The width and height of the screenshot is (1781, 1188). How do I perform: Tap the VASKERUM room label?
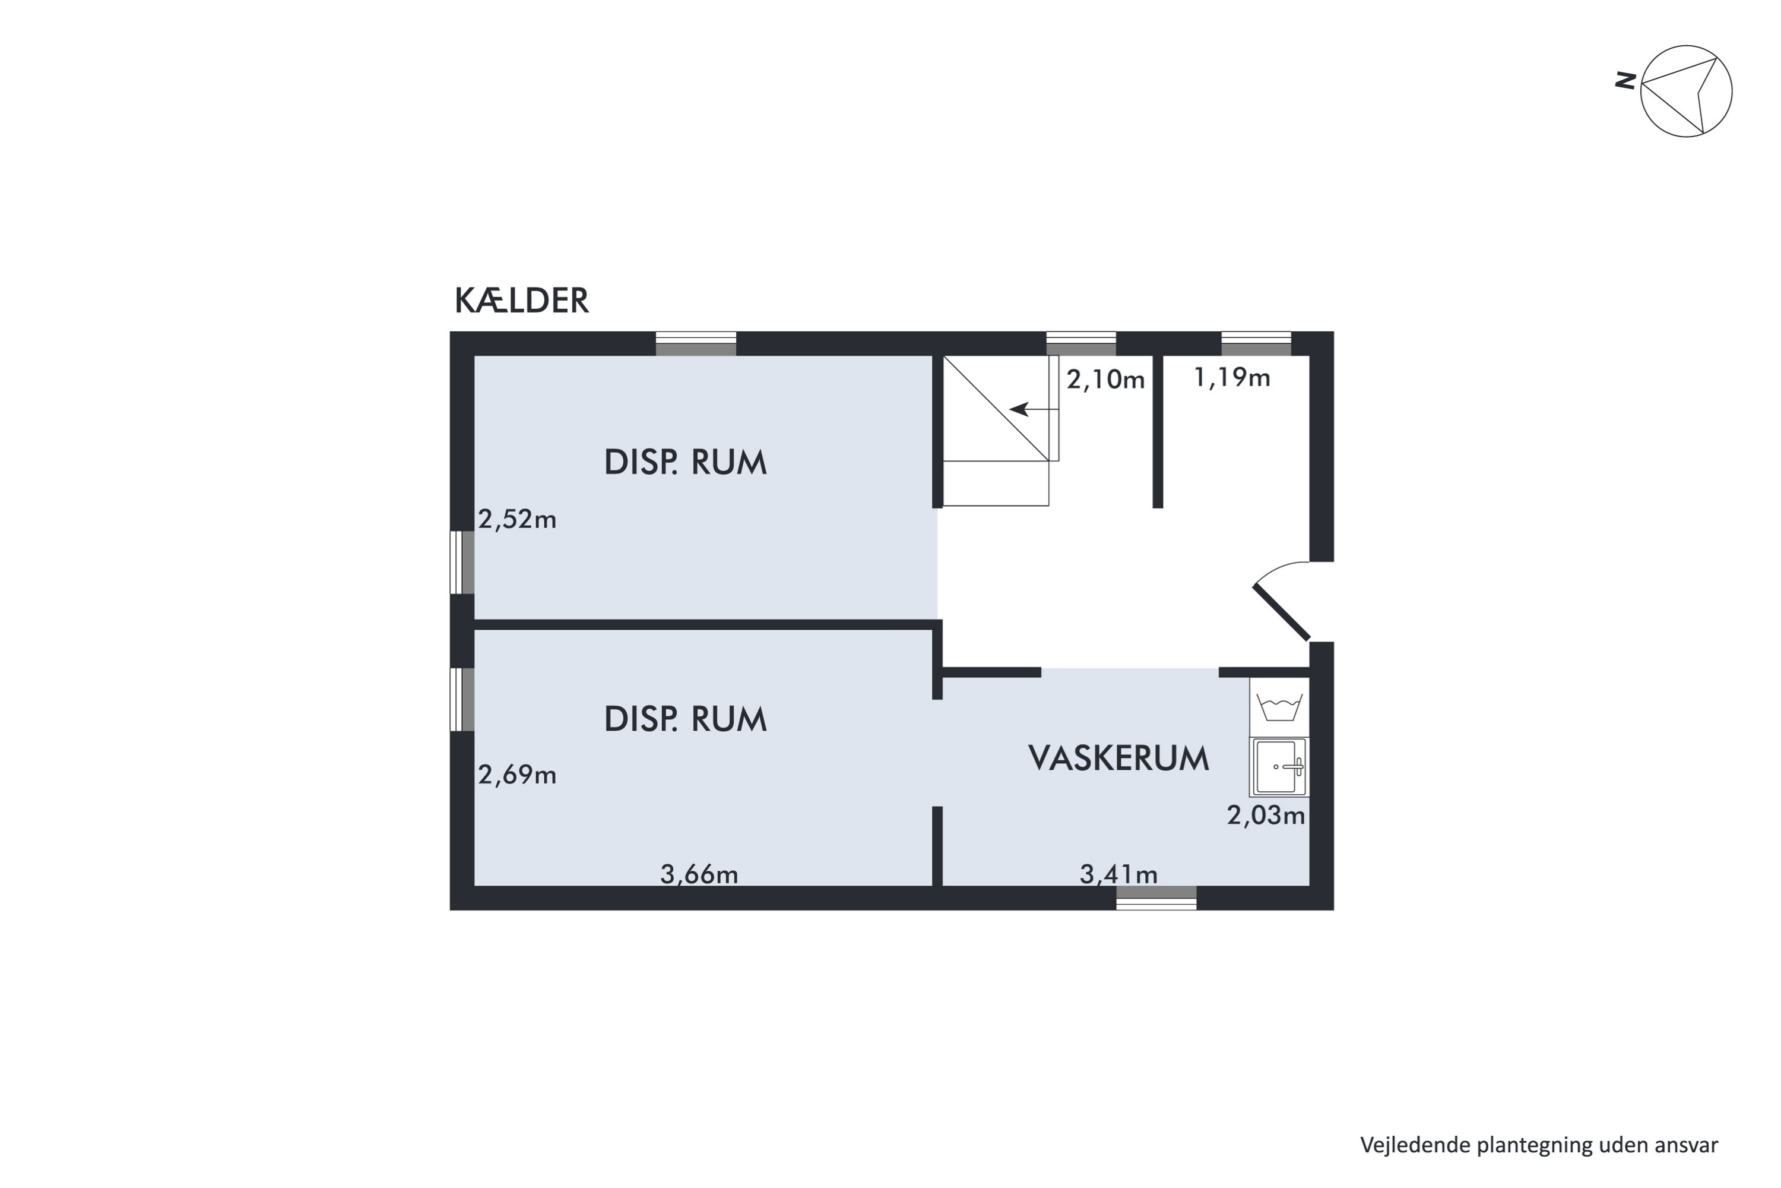1118,759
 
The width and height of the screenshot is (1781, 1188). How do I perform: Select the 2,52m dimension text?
517,519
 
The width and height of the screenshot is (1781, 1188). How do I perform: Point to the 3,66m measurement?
699,874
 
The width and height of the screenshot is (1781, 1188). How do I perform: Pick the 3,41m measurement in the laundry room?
1118,874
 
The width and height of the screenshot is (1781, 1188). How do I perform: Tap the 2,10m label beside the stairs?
1105,379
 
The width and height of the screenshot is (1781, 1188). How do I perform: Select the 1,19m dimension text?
1231,377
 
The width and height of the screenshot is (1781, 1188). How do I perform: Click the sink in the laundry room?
1279,766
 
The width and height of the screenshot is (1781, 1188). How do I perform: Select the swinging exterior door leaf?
1281,612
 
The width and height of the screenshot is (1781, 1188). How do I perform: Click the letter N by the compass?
1625,80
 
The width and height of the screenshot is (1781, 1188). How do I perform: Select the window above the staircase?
1080,343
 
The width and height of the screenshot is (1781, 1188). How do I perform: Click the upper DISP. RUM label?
684,462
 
